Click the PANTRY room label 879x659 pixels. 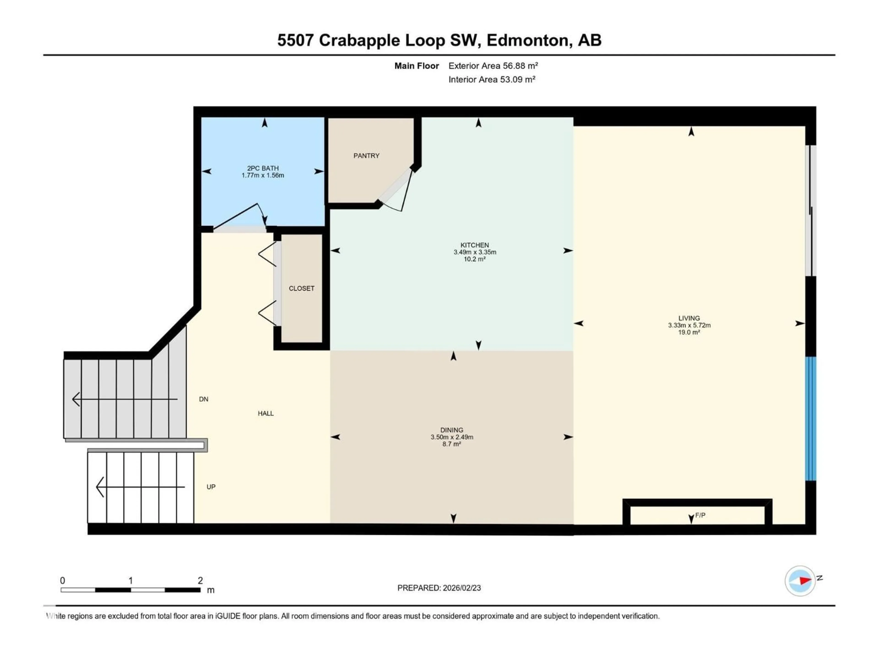coord(366,156)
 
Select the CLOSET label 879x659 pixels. coord(301,288)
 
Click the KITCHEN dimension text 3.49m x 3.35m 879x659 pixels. coord(475,252)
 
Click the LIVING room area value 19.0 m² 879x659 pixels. coord(689,332)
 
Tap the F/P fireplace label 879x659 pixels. coord(700,515)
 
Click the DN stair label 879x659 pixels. coord(203,399)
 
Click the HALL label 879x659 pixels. coord(266,413)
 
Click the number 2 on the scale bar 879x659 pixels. coord(200,580)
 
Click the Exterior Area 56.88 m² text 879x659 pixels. coord(493,66)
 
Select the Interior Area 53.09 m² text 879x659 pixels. coord(491,79)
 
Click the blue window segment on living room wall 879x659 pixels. coord(810,419)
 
